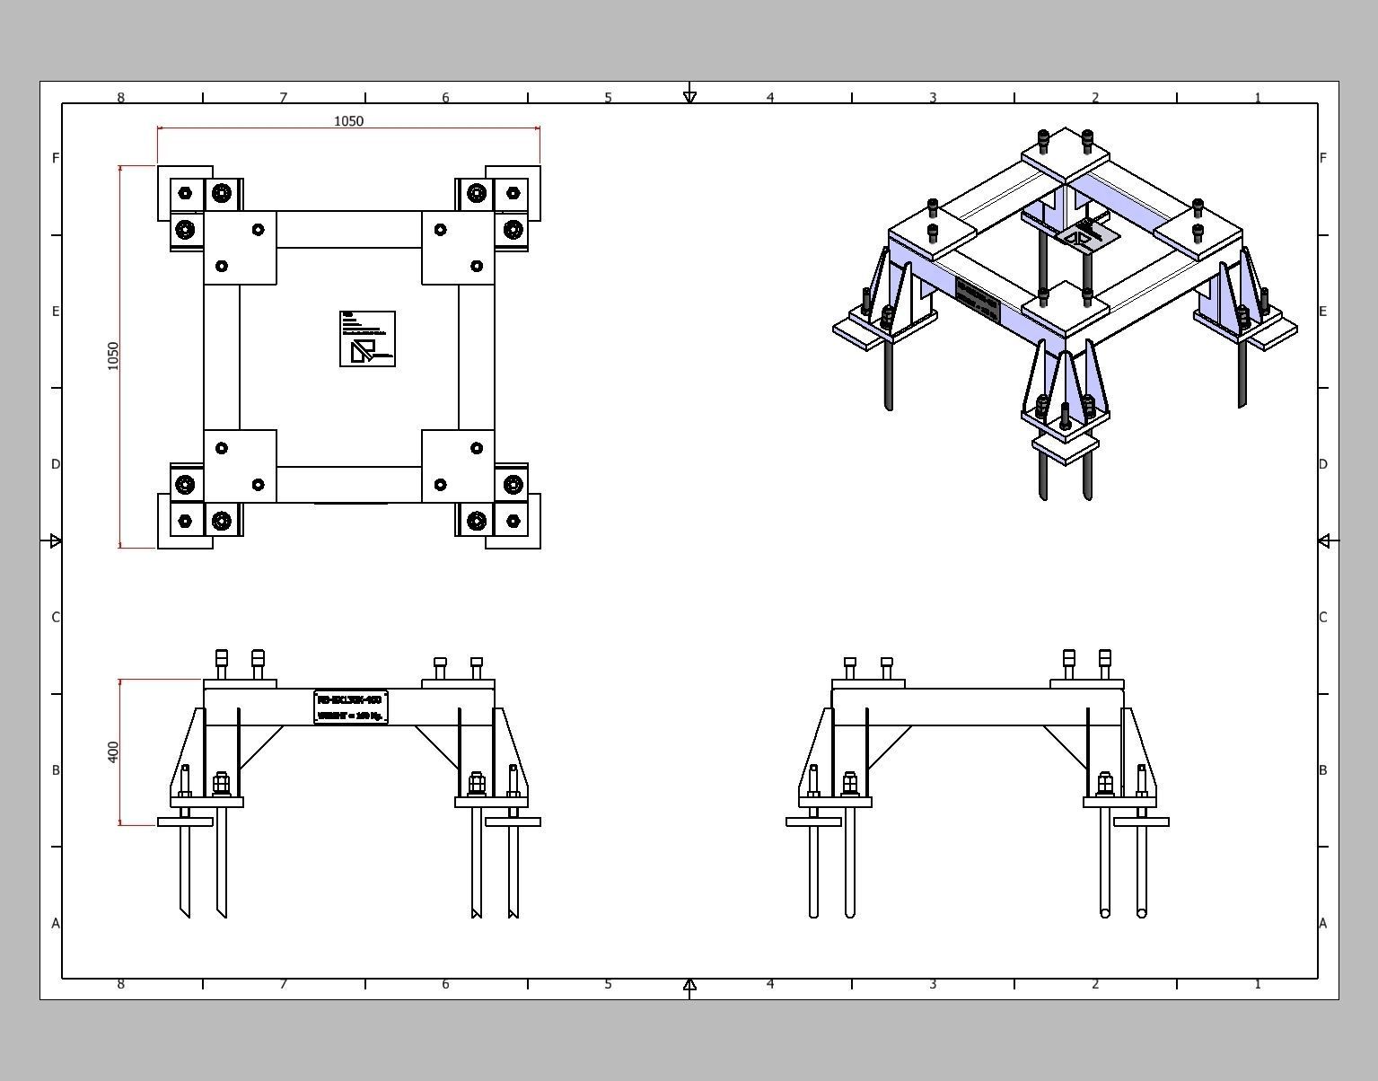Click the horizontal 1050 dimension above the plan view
pyautogui.click(x=348, y=121)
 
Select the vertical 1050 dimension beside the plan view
pyautogui.click(x=113, y=356)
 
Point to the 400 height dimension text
pyautogui.click(x=113, y=751)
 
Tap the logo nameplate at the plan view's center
pyautogui.click(x=367, y=338)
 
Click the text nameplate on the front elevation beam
pyautogui.click(x=351, y=707)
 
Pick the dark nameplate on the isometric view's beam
pyautogui.click(x=977, y=300)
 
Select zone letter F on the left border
pyautogui.click(x=56, y=158)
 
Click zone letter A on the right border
pyautogui.click(x=1322, y=923)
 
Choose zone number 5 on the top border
pyautogui.click(x=608, y=97)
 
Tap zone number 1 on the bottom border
pyautogui.click(x=1257, y=984)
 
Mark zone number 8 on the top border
pyautogui.click(x=121, y=97)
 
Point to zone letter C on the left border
pyautogui.click(x=56, y=617)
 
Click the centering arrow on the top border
pyautogui.click(x=689, y=95)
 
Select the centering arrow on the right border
pyautogui.click(x=1325, y=540)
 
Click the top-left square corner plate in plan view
pyautogui.click(x=240, y=248)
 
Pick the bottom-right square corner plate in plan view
pyautogui.click(x=458, y=466)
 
